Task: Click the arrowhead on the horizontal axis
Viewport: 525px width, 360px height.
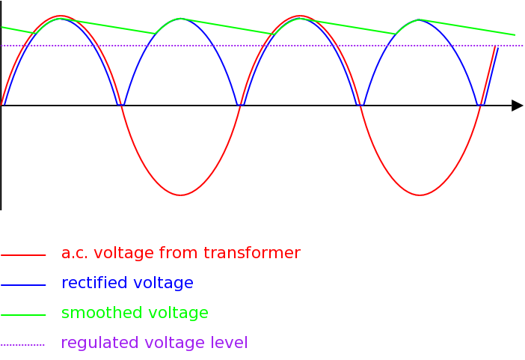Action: coord(518,106)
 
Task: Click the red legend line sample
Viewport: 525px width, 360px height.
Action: coord(23,255)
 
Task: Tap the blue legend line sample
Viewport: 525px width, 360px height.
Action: coord(23,285)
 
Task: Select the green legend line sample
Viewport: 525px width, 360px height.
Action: coord(23,315)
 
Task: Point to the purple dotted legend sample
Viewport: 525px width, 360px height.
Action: coord(23,345)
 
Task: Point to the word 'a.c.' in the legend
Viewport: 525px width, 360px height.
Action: coord(75,254)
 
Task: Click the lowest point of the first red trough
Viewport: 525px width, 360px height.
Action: coord(180,195)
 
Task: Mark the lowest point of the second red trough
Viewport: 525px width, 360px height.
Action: coord(420,195)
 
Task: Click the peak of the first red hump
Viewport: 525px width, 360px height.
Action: coord(61,16)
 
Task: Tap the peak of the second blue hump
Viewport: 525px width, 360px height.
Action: coord(180,19)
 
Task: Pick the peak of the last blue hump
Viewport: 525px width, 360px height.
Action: coord(420,19)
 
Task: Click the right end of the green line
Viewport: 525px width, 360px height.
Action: coord(515,35)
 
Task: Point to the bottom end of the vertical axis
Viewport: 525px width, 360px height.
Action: coord(1,209)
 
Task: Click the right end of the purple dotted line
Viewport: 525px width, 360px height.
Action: coord(522,46)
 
